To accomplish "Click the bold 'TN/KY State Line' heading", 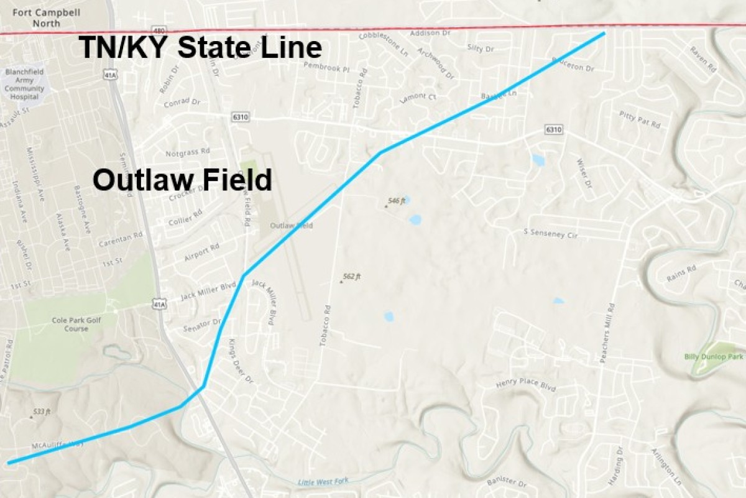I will (x=200, y=48).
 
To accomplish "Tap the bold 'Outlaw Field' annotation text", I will (x=182, y=180).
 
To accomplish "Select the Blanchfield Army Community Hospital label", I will (x=24, y=84).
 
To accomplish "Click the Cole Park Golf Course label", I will (x=68, y=325).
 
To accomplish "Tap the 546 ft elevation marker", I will (x=396, y=201).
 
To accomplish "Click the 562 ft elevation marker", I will (x=351, y=277).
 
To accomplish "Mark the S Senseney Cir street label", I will (x=551, y=234).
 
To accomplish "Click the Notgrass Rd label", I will (x=188, y=151).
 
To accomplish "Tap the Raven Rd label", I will (x=704, y=60).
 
